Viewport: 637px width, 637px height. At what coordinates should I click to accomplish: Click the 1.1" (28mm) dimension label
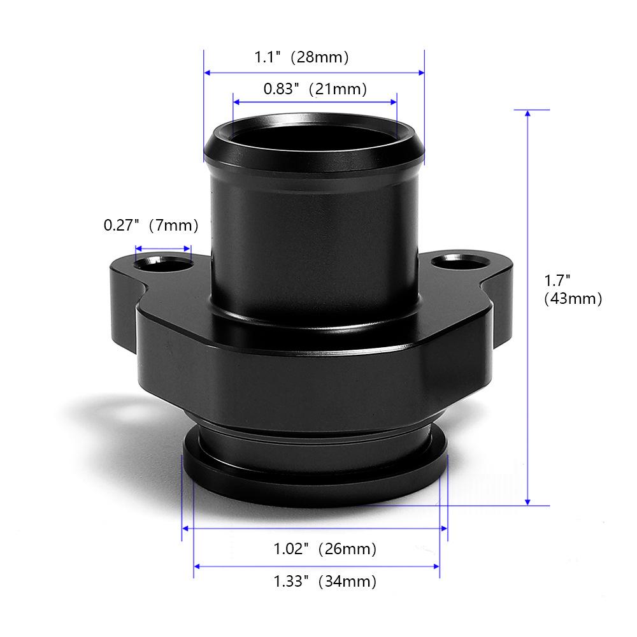coord(302,57)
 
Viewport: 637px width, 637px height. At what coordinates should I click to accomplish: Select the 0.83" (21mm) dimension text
coord(315,89)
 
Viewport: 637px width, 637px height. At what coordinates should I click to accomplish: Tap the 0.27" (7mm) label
coord(151,225)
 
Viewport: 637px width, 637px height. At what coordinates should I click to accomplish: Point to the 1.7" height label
coord(556,280)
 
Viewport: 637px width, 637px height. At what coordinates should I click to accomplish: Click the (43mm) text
coord(573,299)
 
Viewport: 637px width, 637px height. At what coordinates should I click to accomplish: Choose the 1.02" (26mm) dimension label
coord(325,548)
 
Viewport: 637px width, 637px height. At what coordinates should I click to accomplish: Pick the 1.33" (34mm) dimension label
coord(325,581)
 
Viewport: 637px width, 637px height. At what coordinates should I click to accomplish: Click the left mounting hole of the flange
coord(162,261)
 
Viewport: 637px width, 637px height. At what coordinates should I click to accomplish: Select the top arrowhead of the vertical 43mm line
coord(527,114)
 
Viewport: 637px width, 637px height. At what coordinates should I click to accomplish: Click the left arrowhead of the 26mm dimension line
coord(186,528)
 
